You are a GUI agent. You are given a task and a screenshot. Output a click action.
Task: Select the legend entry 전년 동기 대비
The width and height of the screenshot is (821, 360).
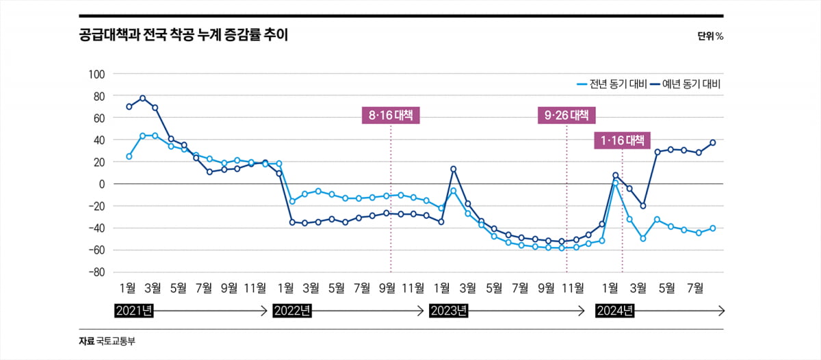point(608,84)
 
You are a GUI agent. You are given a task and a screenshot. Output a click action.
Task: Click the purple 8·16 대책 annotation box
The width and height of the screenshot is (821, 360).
point(391,116)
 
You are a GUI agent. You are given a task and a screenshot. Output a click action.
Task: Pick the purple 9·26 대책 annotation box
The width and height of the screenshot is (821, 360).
point(566,116)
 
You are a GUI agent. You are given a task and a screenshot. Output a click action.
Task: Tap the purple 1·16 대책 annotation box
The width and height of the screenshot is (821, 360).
point(622,141)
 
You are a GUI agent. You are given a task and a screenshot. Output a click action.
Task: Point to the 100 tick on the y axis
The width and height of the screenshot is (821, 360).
point(95,74)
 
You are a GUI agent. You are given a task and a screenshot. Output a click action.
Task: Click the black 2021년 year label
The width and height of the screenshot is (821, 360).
point(134,311)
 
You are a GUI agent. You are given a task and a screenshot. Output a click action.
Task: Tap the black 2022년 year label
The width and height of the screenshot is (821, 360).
point(292,311)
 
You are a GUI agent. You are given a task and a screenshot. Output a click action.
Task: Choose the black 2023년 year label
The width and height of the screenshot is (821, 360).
point(449,311)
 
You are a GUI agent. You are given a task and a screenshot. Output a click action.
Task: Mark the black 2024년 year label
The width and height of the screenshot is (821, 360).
point(614,311)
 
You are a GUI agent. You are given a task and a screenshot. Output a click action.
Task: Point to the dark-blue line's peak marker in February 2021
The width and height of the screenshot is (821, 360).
point(142,98)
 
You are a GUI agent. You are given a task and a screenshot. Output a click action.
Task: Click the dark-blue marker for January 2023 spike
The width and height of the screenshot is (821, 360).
point(453,169)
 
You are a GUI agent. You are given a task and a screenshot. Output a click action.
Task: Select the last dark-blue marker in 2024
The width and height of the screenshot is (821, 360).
point(712,142)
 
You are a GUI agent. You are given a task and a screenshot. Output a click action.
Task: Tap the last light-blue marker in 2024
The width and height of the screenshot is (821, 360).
point(712,228)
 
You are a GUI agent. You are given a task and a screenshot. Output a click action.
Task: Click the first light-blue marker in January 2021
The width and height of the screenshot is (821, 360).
point(129,157)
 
